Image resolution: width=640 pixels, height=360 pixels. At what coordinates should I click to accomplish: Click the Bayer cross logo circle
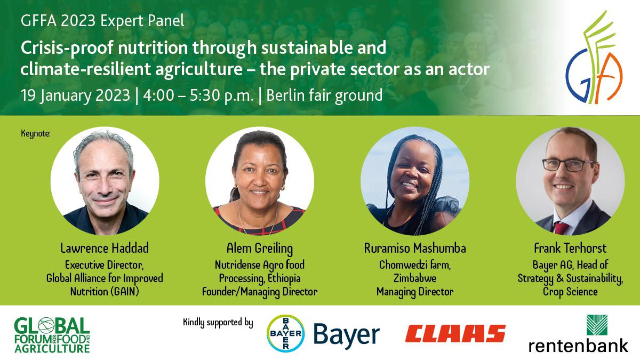pos(285,333)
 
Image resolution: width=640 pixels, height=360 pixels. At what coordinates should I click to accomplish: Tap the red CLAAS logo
pos(455,333)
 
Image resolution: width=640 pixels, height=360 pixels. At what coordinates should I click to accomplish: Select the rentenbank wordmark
pos(578,346)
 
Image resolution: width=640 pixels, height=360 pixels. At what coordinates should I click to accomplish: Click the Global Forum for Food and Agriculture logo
pos(52,335)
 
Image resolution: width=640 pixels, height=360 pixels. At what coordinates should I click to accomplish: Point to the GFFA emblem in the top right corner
pos(594,57)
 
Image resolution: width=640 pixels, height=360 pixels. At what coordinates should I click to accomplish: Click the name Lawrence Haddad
pos(105,248)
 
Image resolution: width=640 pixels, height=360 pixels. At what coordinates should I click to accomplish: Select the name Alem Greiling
pos(260,249)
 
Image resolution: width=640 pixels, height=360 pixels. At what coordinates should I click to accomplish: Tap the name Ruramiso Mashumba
pos(415,248)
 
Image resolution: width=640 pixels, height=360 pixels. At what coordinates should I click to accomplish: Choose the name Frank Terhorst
pos(570,248)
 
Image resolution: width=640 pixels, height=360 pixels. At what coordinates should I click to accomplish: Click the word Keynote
pos(35,133)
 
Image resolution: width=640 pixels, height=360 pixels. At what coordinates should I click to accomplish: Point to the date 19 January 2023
pos(75,95)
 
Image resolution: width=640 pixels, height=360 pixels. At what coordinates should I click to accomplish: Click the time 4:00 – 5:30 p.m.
pos(198,95)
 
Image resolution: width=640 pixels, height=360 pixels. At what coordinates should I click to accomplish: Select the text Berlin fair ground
pos(324,95)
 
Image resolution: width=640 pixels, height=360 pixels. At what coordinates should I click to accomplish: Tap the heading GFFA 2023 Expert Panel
pos(102,21)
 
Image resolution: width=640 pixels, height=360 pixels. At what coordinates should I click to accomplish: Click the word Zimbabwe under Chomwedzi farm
pos(415,278)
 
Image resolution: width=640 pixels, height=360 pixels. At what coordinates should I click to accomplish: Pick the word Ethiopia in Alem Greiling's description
pos(284,278)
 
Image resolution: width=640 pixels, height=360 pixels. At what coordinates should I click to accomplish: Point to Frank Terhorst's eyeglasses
pos(568,165)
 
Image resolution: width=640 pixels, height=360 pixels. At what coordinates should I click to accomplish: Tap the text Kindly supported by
pos(218,323)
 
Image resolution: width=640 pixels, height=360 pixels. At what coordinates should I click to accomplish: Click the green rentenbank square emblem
pos(597,325)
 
